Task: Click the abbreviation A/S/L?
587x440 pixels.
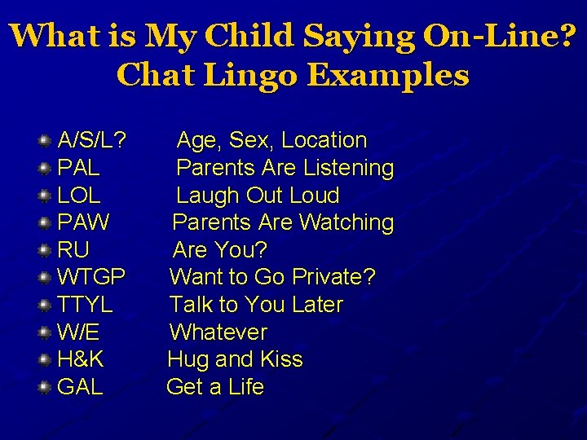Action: pyautogui.click(x=91, y=140)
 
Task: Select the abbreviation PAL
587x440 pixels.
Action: pyautogui.click(x=79, y=168)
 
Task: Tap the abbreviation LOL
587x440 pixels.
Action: pyautogui.click(x=79, y=196)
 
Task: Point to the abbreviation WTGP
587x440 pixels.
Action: pyautogui.click(x=91, y=277)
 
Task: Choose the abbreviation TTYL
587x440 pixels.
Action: pyautogui.click(x=85, y=305)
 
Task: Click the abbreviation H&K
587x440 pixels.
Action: pyautogui.click(x=80, y=359)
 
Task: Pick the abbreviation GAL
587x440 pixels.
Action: pyautogui.click(x=80, y=387)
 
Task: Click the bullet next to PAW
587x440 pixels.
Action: pyautogui.click(x=45, y=222)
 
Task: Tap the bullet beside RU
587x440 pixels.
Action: pyautogui.click(x=45, y=250)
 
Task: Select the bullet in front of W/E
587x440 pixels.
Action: pyautogui.click(x=45, y=332)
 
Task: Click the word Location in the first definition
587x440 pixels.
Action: pyautogui.click(x=324, y=140)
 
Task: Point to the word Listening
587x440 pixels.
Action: pyautogui.click(x=348, y=168)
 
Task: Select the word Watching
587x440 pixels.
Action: pyautogui.click(x=346, y=222)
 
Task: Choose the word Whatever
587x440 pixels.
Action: pyautogui.click(x=218, y=332)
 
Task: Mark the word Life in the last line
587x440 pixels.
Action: pyautogui.click(x=246, y=387)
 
